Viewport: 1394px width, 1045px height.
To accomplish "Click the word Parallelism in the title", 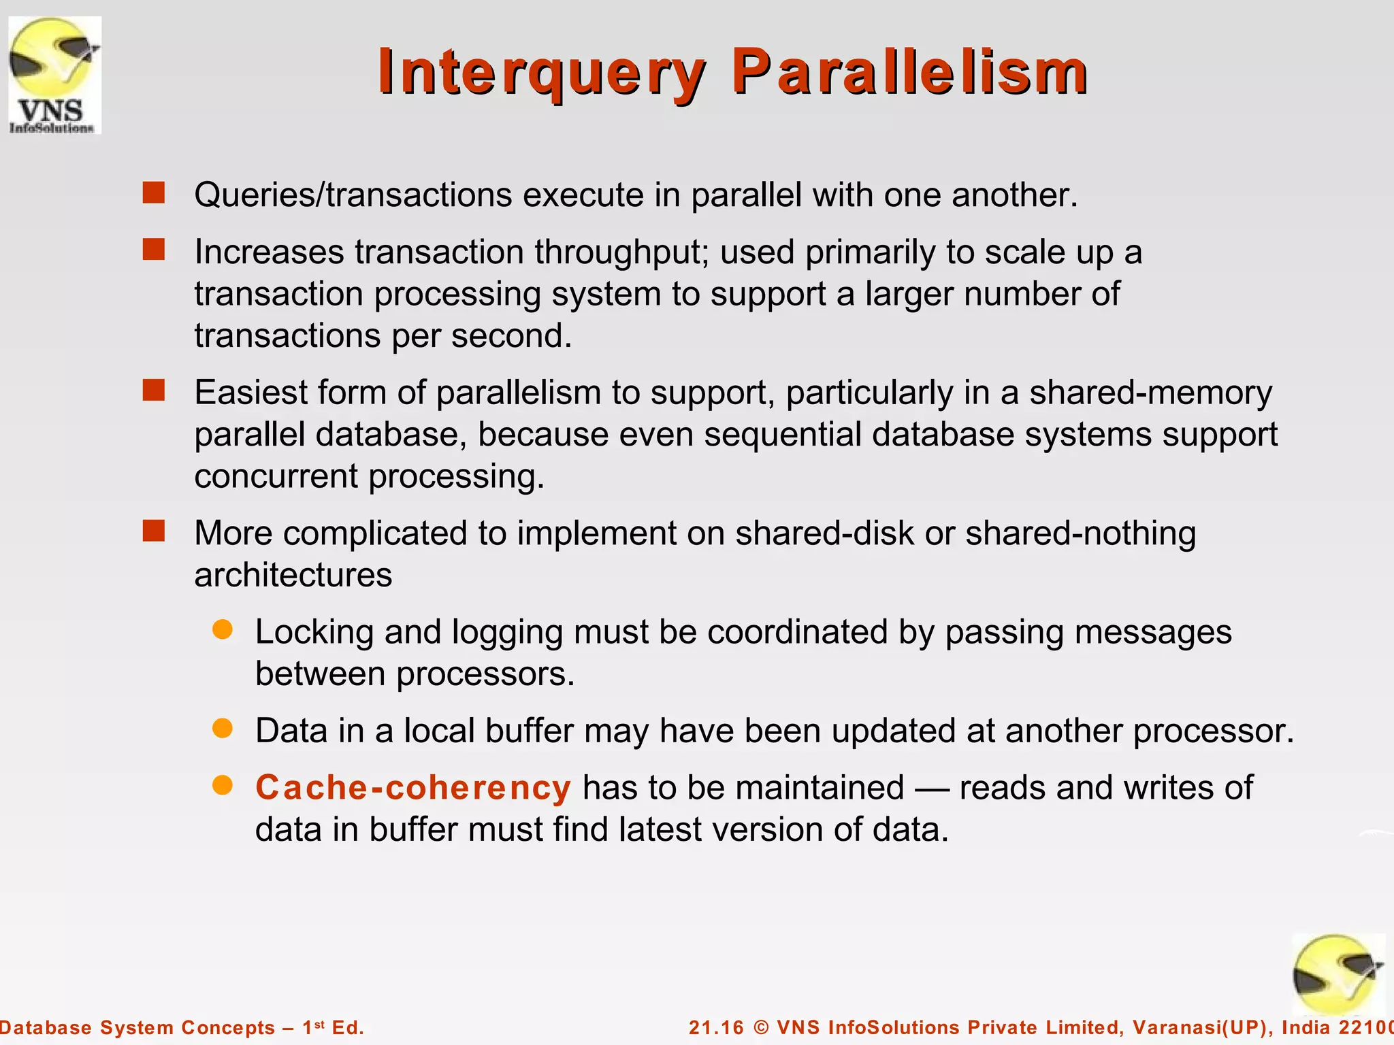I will pyautogui.click(x=909, y=72).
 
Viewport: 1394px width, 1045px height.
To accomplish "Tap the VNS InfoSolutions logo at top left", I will pyautogui.click(x=54, y=76).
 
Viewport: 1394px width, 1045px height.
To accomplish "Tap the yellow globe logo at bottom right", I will pyautogui.click(x=1337, y=975).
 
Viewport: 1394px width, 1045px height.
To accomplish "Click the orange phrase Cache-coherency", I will pyautogui.click(x=412, y=788).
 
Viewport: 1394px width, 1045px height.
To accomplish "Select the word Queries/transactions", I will pyautogui.click(x=353, y=195).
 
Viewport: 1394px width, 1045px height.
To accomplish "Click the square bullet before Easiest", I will pyautogui.click(x=154, y=391).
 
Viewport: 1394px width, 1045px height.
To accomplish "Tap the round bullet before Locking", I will pyautogui.click(x=223, y=629).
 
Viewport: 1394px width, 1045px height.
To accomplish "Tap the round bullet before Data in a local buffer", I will pyautogui.click(x=223, y=729).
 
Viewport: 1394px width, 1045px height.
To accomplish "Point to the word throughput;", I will pyautogui.click(x=621, y=253).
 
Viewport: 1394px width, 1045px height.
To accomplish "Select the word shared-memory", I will pyautogui.click(x=1150, y=393).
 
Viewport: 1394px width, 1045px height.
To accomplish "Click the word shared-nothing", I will pyautogui.click(x=1080, y=533).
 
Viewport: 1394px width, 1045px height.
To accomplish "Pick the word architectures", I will pyautogui.click(x=293, y=576).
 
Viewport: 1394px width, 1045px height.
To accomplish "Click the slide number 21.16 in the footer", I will pyautogui.click(x=716, y=1027).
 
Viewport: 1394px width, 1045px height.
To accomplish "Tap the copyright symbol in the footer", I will pyautogui.click(x=761, y=1027).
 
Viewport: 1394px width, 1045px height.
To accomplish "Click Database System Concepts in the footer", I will pyautogui.click(x=136, y=1027).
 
